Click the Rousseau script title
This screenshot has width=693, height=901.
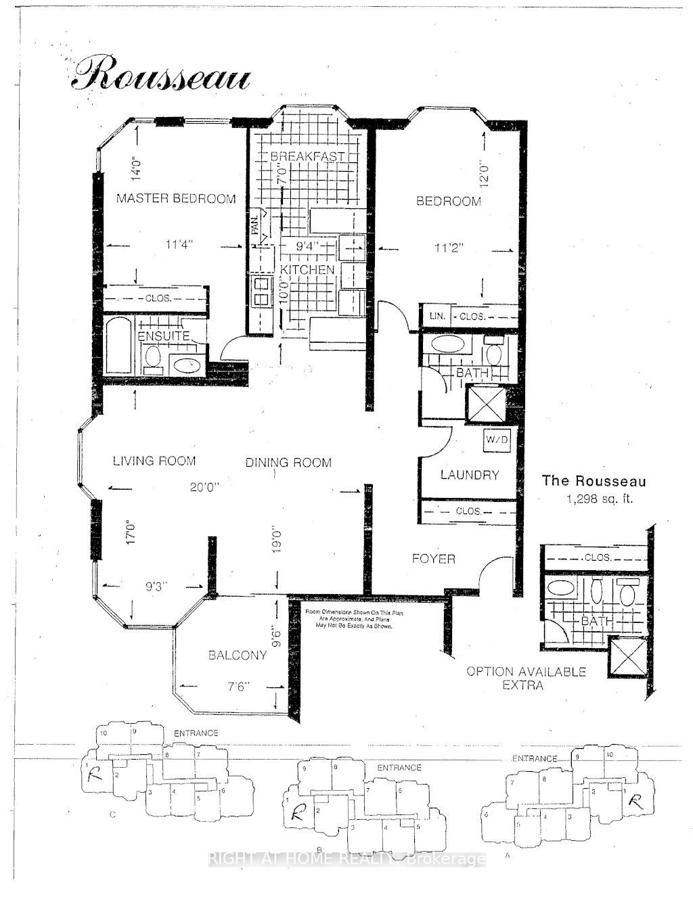pos(161,74)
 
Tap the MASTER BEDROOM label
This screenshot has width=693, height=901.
pos(176,198)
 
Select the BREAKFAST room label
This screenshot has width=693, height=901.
pos(308,156)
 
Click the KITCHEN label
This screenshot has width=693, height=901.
pos(308,269)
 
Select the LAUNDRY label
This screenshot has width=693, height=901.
pos(469,475)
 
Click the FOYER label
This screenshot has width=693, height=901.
pos(434,559)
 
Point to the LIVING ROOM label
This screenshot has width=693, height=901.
pos(154,461)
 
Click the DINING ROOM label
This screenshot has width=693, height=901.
pos(288,463)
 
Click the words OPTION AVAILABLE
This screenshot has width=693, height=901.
pos(526,672)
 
